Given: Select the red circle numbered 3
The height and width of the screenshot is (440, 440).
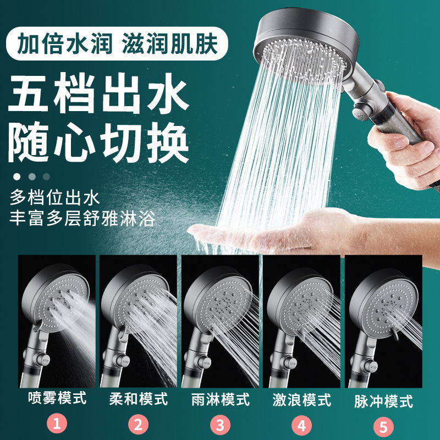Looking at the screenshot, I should pos(219,424).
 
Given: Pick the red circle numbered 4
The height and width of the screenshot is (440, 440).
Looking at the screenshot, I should pos(301,424).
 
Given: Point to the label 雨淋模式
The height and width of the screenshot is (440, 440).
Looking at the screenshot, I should pos(221,398).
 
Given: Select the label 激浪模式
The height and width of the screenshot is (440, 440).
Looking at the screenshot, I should pos(302,399).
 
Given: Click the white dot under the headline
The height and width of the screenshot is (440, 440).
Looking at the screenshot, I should pos(17,177).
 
